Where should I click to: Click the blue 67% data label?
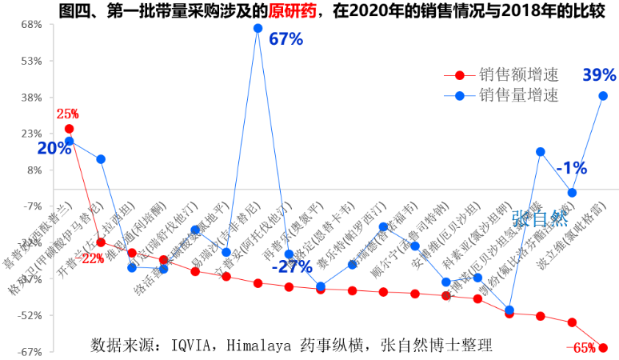285,39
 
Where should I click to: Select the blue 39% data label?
599,75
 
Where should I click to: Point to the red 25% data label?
67,114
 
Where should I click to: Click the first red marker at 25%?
69,129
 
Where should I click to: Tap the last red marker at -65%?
604,347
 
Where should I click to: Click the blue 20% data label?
54,148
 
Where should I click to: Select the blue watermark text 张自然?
544,219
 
